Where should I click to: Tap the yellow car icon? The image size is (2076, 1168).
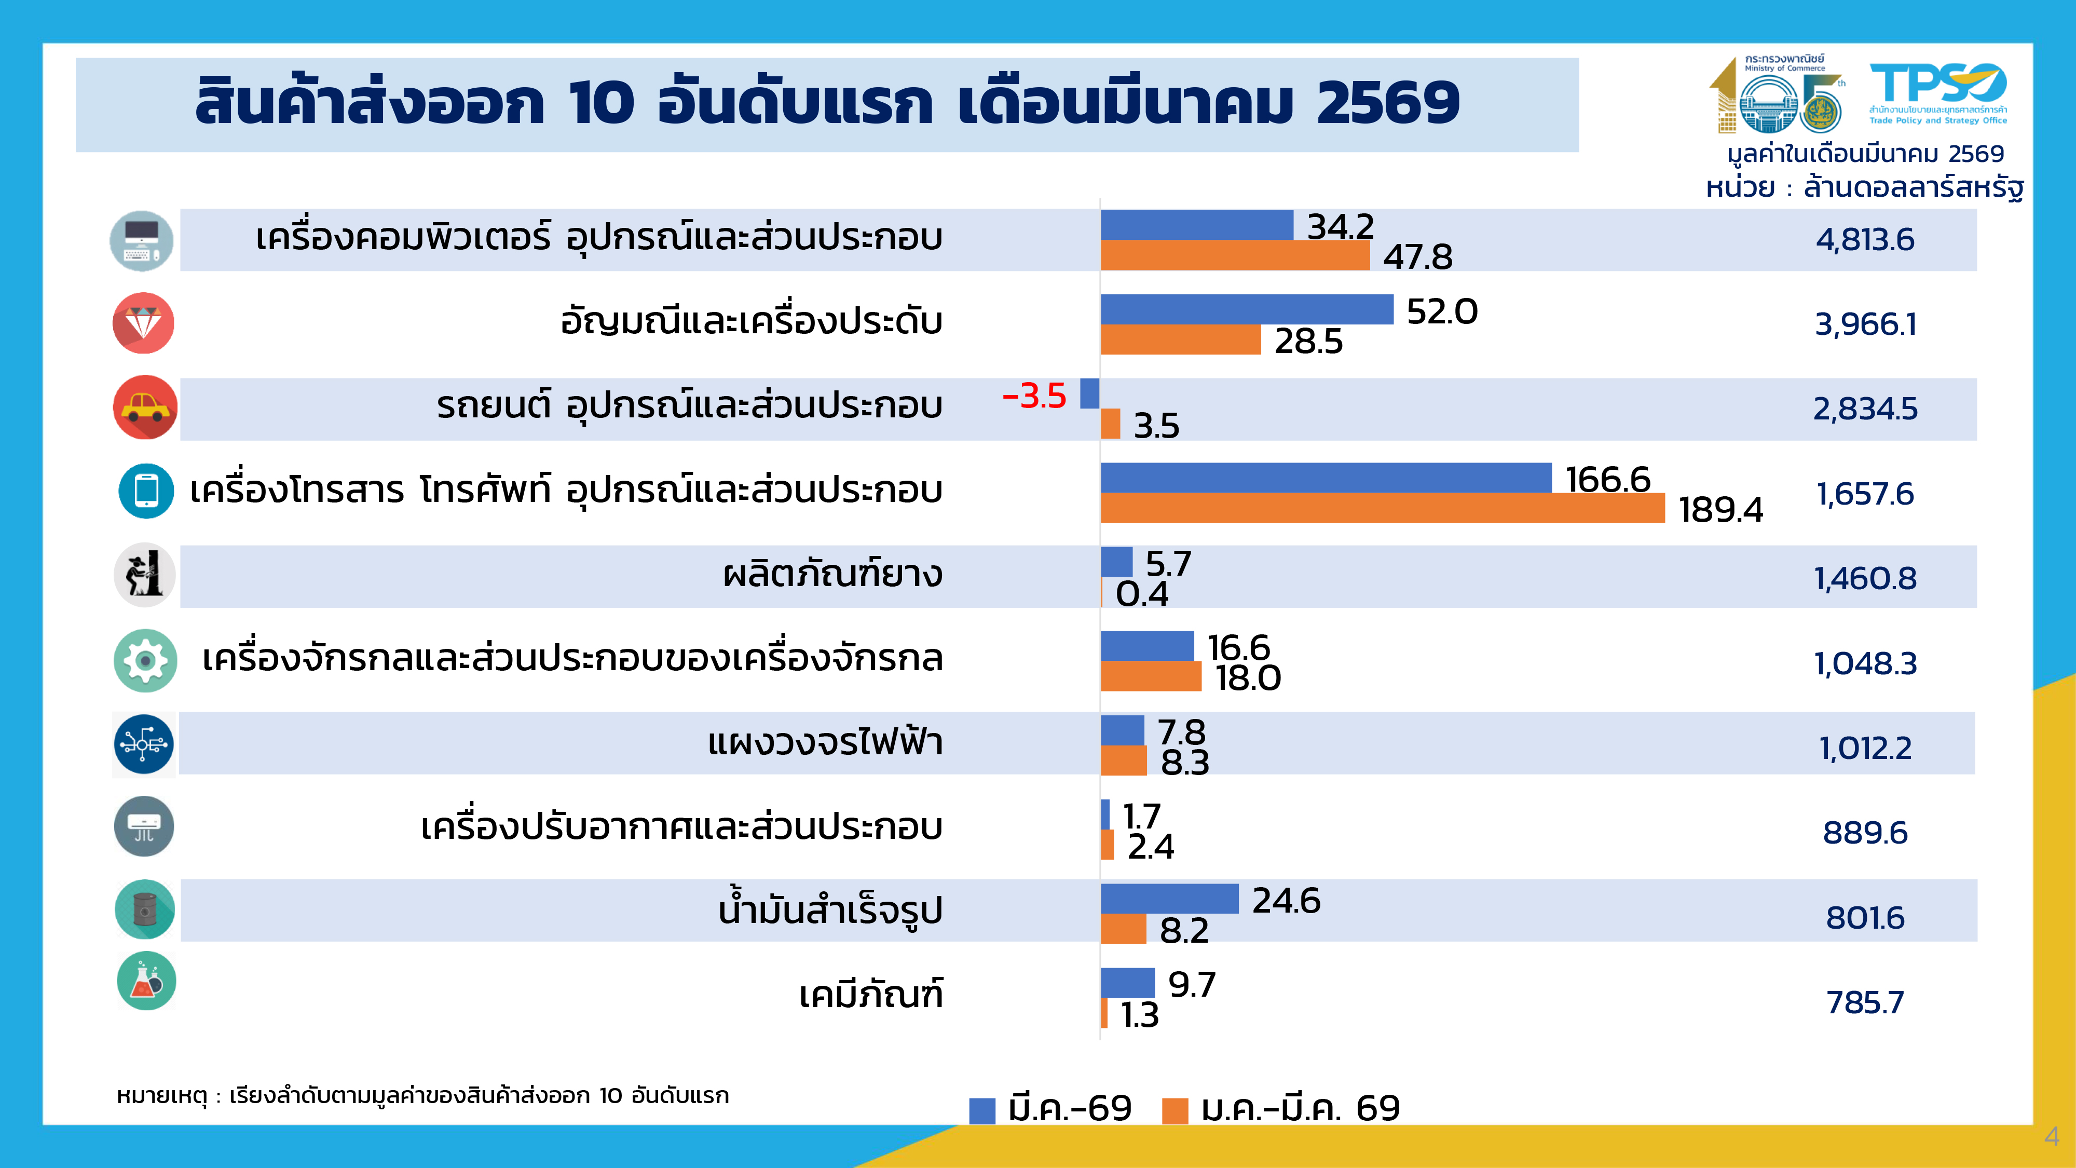point(145,407)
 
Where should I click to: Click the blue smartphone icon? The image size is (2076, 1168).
point(146,491)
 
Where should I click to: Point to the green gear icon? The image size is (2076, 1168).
point(145,661)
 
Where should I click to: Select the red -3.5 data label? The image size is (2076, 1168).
point(1034,396)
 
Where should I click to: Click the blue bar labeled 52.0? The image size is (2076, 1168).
point(1246,309)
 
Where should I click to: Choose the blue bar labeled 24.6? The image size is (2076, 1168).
point(1169,899)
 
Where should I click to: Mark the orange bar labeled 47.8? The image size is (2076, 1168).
point(1235,255)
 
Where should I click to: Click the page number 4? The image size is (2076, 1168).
point(2052,1136)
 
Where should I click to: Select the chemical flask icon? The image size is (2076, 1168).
point(146,981)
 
